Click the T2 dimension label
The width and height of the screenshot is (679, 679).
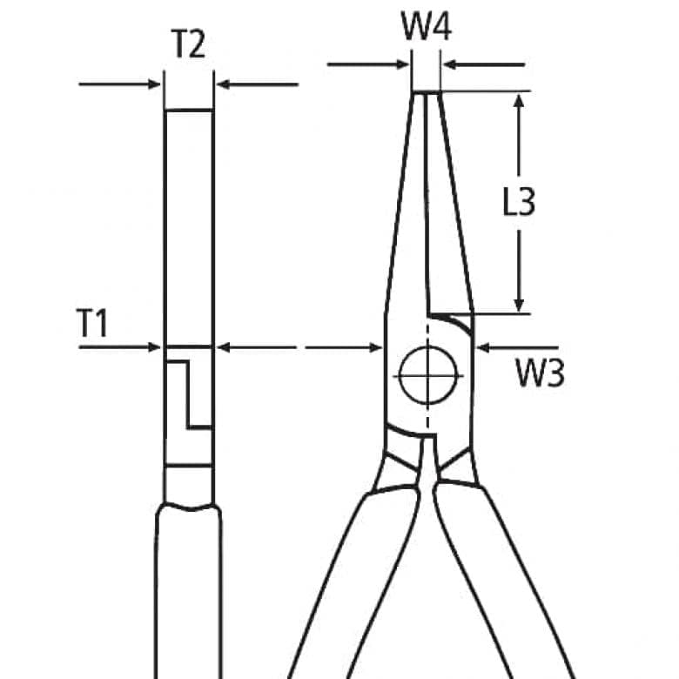click(188, 44)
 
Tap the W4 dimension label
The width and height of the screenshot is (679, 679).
click(426, 28)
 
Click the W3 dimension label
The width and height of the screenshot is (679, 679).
click(540, 374)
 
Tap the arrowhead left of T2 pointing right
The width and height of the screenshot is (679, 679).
click(156, 84)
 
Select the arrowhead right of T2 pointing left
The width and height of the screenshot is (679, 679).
click(223, 84)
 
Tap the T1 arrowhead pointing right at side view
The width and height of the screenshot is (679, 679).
click(156, 346)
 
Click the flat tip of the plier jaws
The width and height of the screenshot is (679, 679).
click(426, 92)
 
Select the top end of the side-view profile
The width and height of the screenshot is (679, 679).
click(189, 111)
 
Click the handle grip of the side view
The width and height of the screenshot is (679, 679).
click(188, 592)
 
